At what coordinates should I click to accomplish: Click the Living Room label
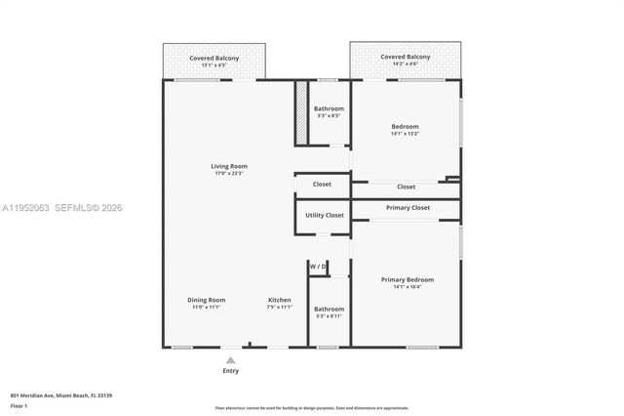[229, 166]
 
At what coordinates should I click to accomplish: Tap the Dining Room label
[206, 300]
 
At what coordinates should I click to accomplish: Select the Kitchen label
[280, 300]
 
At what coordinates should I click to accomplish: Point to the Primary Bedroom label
[407, 279]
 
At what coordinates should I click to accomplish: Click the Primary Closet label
[407, 208]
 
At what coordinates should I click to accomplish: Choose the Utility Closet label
[322, 215]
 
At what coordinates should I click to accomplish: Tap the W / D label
[317, 267]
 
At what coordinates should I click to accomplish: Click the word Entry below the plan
[230, 371]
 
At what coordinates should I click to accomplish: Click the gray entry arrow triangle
[230, 360]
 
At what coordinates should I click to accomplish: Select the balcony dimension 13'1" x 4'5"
[214, 65]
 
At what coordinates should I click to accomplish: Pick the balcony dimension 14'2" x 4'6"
[405, 65]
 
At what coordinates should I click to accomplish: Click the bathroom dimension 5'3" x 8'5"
[329, 116]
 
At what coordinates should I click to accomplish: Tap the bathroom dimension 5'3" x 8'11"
[329, 316]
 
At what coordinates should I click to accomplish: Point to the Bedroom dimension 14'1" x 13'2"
[405, 134]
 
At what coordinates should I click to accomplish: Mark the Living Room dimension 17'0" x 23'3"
[229, 174]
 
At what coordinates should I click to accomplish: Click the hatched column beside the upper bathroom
[301, 114]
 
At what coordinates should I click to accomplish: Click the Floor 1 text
[19, 405]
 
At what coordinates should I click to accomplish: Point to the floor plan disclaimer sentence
[311, 408]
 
